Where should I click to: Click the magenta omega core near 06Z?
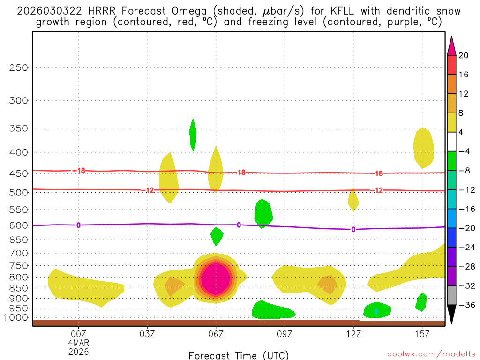point(215,279)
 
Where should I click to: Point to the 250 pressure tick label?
point(19,67)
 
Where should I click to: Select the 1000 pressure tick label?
point(17,317)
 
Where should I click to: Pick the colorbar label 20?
point(464,55)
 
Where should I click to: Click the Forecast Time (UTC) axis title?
point(239,355)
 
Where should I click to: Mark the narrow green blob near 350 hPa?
point(193,135)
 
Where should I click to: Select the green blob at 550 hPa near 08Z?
point(263,213)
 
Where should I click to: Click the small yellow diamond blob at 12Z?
point(353,201)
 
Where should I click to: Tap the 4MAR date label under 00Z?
point(78,342)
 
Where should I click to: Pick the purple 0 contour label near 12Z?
point(353,229)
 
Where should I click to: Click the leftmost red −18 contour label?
point(79,171)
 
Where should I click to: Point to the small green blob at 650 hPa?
point(217,236)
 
